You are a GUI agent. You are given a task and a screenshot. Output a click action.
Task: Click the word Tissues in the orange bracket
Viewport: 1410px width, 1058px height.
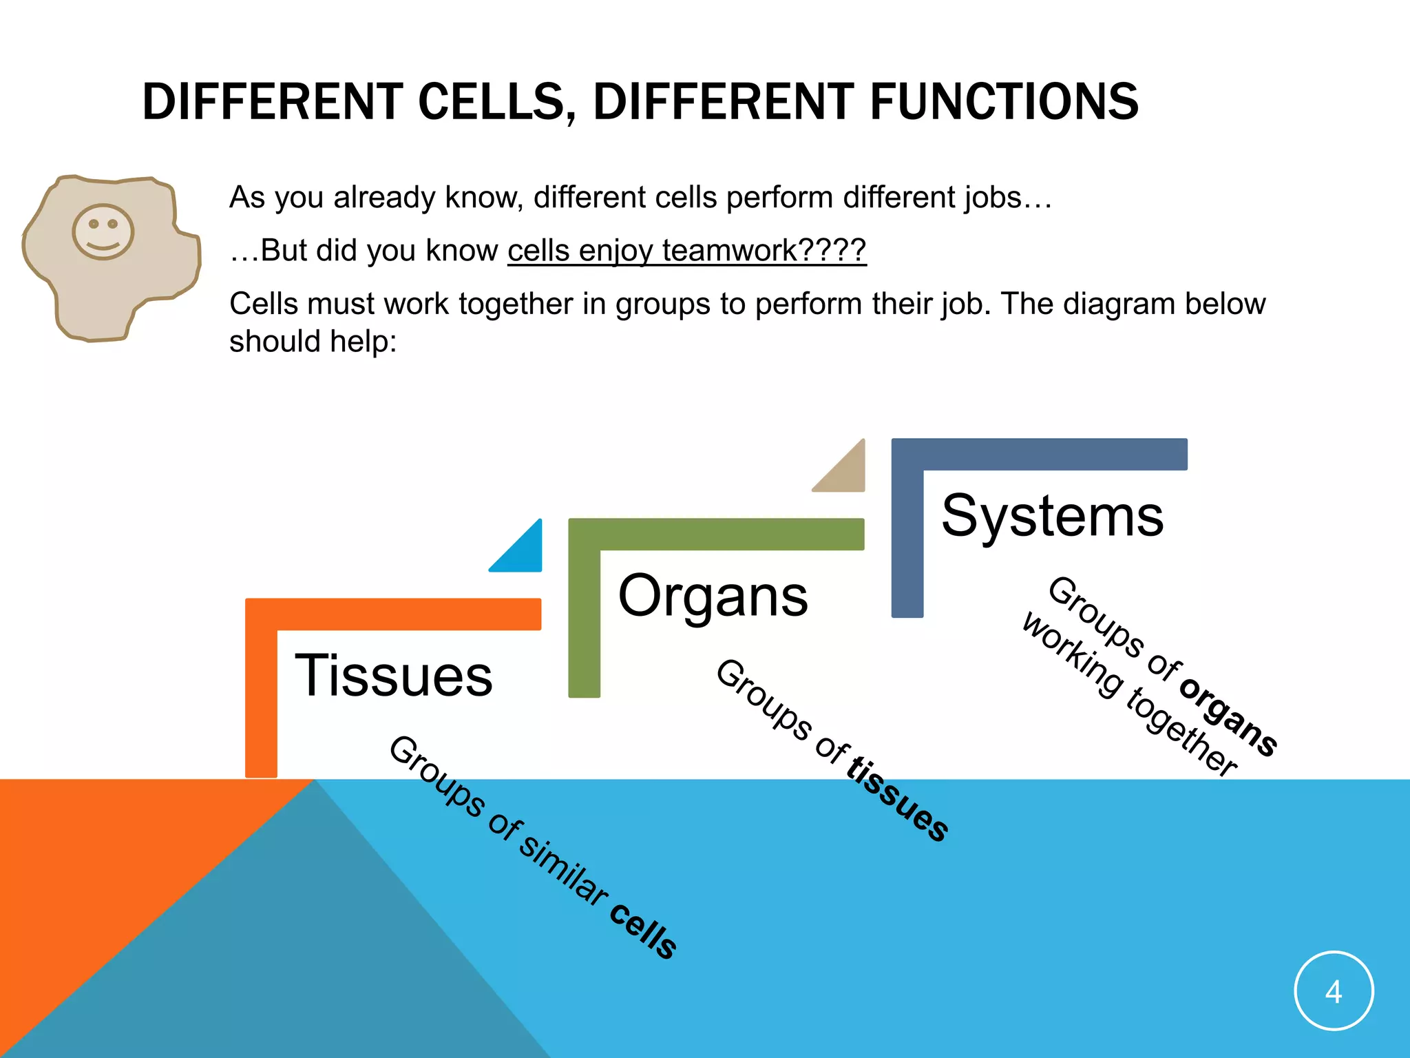point(393,676)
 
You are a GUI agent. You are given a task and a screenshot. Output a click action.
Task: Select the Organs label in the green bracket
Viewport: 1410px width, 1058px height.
point(713,597)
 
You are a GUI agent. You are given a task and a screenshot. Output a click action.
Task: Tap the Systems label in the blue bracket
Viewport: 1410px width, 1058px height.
point(1052,516)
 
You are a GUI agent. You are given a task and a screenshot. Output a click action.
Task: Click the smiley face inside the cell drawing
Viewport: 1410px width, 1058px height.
point(103,231)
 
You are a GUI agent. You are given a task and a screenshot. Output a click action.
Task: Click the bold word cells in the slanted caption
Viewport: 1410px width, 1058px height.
point(644,931)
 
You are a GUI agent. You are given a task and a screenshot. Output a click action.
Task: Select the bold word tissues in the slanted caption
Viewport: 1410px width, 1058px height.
point(898,799)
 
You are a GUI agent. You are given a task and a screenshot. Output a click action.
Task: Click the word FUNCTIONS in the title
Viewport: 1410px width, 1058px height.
point(1004,102)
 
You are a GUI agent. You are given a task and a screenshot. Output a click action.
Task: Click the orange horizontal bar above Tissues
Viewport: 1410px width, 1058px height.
point(393,614)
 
